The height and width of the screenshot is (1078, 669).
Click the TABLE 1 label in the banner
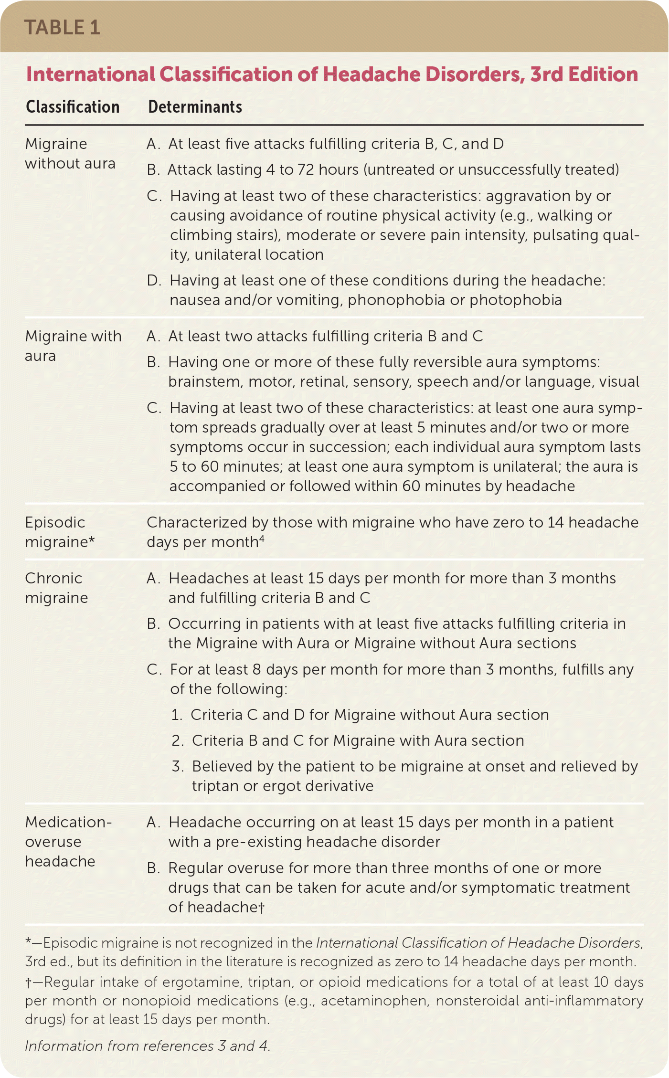(62, 28)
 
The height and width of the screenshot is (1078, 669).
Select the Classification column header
(73, 107)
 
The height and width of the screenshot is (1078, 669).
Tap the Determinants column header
(195, 107)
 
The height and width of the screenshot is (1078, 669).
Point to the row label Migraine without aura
(70, 154)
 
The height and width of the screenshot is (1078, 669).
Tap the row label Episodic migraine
(60, 532)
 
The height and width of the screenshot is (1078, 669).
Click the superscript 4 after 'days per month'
(262, 539)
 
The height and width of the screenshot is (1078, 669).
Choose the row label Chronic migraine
(56, 588)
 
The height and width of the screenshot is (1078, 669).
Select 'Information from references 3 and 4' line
(148, 1046)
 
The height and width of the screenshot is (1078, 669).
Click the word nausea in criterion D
(192, 300)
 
